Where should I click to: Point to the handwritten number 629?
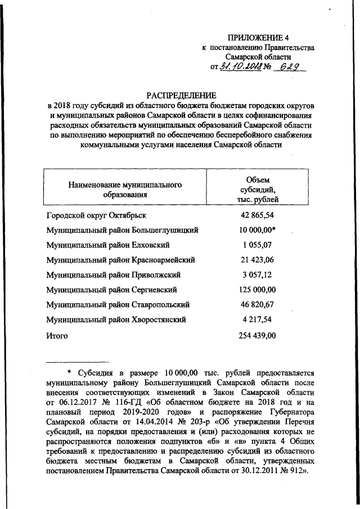coord(292,67)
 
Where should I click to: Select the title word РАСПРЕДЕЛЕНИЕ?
coord(181,96)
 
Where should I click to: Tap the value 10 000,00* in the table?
coord(258,230)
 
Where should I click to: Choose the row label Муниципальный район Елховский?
coord(112,245)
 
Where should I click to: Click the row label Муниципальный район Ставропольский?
coord(121,305)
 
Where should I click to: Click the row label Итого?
coord(56,336)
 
